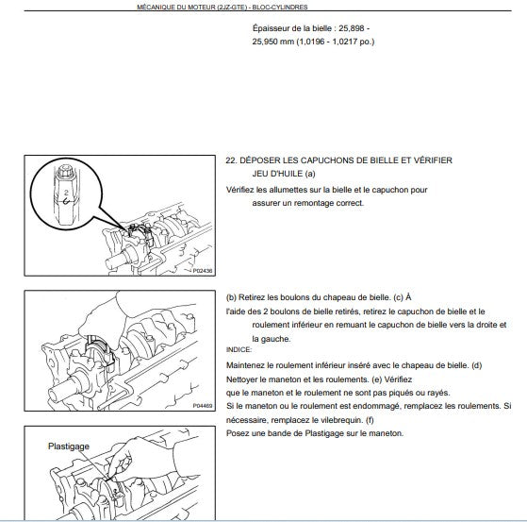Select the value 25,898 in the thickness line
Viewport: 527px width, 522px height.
[352, 28]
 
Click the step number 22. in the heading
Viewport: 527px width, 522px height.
[231, 160]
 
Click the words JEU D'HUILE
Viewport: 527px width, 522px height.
[277, 174]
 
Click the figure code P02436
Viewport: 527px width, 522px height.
[203, 271]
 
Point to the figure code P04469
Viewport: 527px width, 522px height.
[203, 406]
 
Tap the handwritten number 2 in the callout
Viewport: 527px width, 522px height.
[66, 193]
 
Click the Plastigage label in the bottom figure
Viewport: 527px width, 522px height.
[69, 446]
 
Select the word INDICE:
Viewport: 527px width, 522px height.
[239, 349]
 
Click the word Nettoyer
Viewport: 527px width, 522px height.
[241, 379]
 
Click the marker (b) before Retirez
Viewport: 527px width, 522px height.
[231, 297]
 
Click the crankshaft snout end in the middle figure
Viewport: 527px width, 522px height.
[54, 395]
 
